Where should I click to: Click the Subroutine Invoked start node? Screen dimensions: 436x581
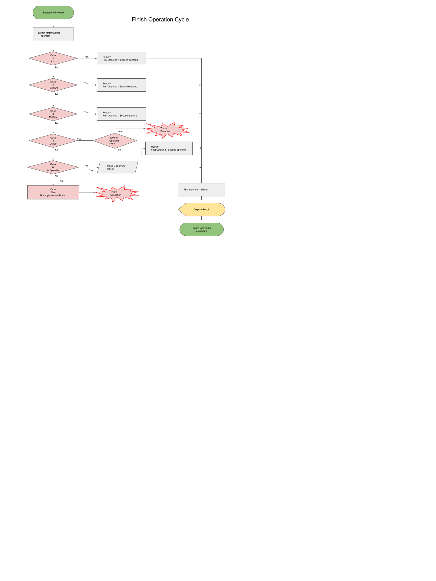(x=53, y=13)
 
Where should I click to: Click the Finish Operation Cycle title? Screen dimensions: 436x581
(x=160, y=19)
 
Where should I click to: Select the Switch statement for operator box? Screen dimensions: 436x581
(x=53, y=34)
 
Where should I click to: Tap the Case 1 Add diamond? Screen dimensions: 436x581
(x=53, y=58)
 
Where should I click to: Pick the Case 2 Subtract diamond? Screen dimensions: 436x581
(x=53, y=85)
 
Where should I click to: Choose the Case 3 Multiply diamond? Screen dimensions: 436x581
(x=53, y=114)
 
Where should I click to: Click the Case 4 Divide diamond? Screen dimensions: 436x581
(x=53, y=141)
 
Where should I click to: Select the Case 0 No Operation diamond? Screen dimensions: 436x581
(x=53, y=167)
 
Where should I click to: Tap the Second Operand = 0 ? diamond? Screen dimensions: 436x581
(x=114, y=141)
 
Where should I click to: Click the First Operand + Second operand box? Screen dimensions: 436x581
(x=121, y=58)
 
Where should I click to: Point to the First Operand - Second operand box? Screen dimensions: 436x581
(x=121, y=85)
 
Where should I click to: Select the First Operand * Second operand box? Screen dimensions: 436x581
(x=121, y=114)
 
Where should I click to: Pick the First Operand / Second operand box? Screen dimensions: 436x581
(x=169, y=148)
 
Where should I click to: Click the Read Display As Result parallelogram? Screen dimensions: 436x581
(x=117, y=167)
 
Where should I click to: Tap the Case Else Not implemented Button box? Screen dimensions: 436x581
(x=53, y=192)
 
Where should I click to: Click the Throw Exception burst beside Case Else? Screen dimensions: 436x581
(x=117, y=193)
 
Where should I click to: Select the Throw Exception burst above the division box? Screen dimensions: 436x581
(x=167, y=130)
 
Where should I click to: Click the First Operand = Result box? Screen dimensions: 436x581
(x=201, y=190)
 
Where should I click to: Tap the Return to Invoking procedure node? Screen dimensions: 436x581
(x=201, y=229)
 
